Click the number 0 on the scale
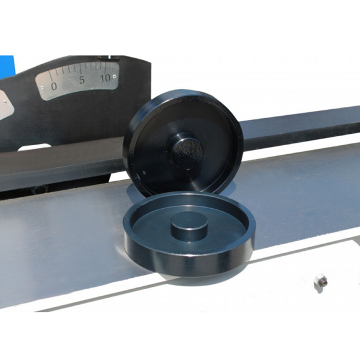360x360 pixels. point(54,86)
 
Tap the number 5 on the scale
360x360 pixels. point(82,80)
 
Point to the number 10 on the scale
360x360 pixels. point(105,78)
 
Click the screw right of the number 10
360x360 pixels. point(115,76)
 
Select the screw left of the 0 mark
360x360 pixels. point(42,88)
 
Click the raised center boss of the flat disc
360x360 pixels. point(189,226)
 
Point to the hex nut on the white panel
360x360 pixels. point(321,280)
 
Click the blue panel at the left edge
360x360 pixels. point(7,67)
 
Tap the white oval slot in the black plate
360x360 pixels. point(34,148)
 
